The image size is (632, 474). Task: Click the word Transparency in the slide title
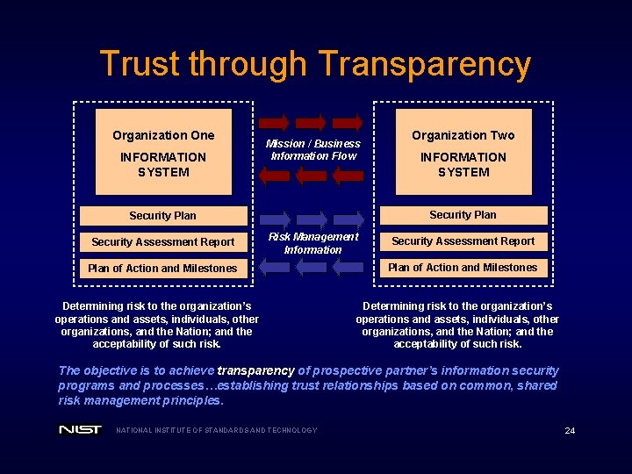424,65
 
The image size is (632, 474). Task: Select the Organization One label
163,135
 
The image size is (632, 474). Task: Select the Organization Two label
463,135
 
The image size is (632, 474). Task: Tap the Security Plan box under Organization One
163,215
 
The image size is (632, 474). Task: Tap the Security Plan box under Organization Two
463,214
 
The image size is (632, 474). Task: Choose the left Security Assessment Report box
163,241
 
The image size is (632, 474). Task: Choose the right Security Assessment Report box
463,241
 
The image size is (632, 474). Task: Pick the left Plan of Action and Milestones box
163,268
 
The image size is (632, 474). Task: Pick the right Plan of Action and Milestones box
463,267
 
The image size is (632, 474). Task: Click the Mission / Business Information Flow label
313,149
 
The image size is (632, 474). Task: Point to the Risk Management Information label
313,243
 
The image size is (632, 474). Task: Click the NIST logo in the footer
80,429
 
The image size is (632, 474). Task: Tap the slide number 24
570,430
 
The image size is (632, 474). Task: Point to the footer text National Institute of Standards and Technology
217,430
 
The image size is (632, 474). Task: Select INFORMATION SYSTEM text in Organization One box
163,164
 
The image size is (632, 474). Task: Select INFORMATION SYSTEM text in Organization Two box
463,164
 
